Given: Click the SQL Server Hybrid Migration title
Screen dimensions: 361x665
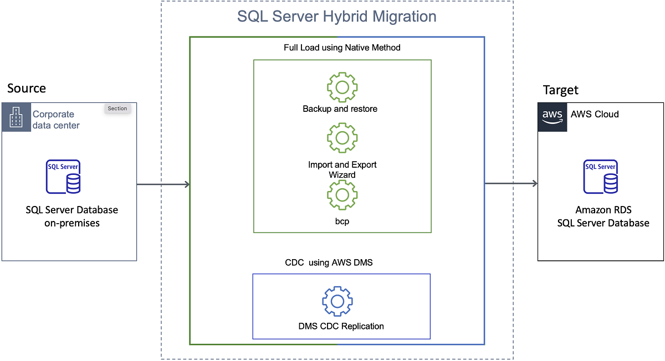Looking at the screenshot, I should point(336,16).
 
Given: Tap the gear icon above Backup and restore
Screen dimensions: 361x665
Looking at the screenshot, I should point(342,87).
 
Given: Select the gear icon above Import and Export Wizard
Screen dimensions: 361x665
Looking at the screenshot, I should point(342,138).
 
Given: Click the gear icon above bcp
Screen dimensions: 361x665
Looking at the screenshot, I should point(342,195).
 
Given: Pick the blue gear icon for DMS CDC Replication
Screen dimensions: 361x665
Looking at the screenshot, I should point(337,301).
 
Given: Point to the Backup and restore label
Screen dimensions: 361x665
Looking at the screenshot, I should point(340,109).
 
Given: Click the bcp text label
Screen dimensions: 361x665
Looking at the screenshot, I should point(341,221).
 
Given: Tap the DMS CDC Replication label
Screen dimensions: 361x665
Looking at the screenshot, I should point(341,326).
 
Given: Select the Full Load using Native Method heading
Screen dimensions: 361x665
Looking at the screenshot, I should point(342,48).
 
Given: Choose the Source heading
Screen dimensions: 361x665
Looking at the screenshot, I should point(27,89).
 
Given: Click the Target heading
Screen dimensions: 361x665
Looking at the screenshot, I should point(560,90).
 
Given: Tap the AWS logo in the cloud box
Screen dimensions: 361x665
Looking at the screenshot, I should point(553,116).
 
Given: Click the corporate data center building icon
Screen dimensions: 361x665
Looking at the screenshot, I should point(16,117).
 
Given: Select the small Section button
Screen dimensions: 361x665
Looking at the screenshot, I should point(117,109).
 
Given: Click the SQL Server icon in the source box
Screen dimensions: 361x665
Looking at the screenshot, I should point(63,177).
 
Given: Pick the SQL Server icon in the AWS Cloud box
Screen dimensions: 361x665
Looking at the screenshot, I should point(600,177).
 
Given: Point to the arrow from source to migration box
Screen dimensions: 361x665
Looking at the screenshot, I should point(163,184).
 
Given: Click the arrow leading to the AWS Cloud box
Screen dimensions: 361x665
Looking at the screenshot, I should point(511,184).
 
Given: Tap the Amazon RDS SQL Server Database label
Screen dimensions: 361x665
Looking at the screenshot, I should point(603,216).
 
